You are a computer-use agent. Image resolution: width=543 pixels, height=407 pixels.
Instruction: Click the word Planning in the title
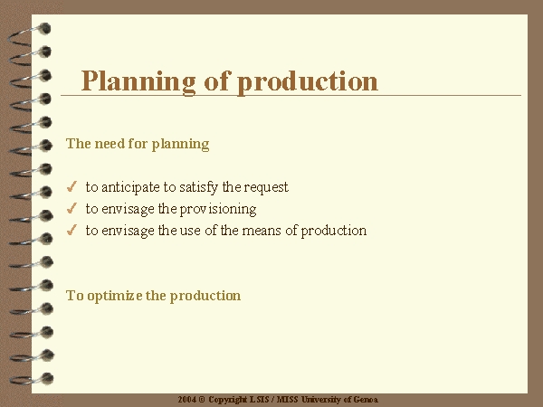[x=138, y=81]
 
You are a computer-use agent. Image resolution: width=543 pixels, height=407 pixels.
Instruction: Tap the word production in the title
[x=308, y=81]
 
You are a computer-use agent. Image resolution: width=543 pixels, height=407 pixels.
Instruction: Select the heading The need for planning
[x=138, y=144]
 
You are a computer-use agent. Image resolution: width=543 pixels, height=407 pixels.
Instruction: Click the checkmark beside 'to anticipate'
[x=71, y=186]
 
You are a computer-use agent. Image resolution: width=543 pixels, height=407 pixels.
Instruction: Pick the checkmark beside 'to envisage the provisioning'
[x=71, y=208]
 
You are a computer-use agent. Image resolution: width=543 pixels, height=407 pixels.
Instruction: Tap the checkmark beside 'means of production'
[x=71, y=230]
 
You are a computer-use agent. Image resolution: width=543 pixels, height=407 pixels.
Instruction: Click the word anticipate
[x=130, y=187]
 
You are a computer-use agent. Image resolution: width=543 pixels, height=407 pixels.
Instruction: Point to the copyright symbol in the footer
[x=202, y=400]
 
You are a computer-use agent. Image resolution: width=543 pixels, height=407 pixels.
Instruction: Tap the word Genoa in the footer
[x=366, y=400]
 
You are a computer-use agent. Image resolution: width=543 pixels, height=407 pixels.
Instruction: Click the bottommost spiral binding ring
[x=31, y=379]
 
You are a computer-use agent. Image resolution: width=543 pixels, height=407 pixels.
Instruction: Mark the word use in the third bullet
[x=190, y=231]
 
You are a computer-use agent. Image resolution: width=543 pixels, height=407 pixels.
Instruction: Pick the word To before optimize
[x=75, y=296]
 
